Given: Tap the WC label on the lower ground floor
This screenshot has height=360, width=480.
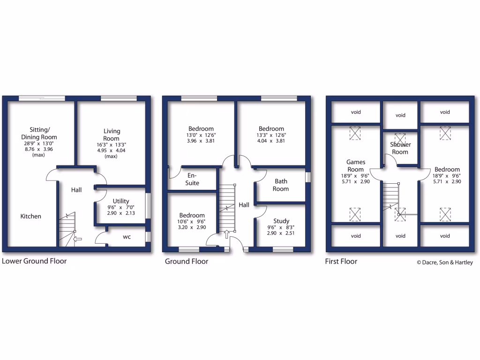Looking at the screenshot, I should (x=127, y=237).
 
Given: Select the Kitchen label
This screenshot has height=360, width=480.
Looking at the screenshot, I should (x=30, y=216).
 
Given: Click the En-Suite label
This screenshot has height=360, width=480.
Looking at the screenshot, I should (x=192, y=179).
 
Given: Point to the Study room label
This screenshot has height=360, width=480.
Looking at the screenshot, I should (x=281, y=221).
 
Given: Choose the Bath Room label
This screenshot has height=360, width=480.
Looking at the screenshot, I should (x=281, y=185).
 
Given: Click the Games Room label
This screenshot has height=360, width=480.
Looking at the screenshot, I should (x=356, y=165).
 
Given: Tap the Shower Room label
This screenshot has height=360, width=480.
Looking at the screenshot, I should (x=400, y=148).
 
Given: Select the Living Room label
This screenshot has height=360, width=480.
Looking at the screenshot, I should (x=111, y=135).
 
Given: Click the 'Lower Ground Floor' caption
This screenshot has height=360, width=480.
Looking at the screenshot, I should (x=34, y=261).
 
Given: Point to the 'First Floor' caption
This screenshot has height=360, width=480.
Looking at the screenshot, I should (x=341, y=261).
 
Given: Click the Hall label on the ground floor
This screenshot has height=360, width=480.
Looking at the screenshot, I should (x=244, y=205).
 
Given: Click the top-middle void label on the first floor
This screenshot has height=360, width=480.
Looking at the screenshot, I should (x=400, y=115).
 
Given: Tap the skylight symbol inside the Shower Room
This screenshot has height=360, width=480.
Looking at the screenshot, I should (x=400, y=138).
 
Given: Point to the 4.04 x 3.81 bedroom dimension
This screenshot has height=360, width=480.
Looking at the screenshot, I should (x=271, y=140).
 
